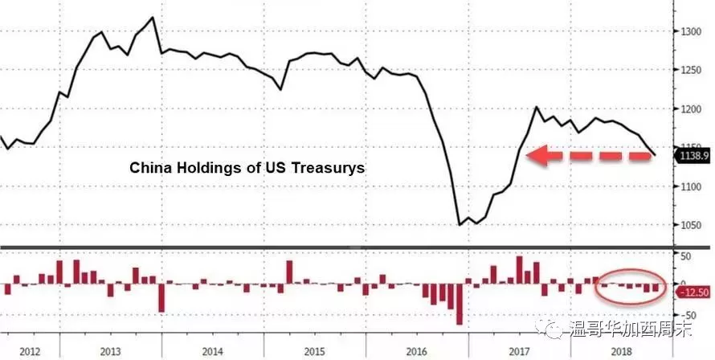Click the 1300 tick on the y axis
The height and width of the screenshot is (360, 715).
(x=691, y=31)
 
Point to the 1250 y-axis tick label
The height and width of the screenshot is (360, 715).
(x=691, y=70)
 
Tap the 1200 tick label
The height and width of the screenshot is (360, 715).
(x=691, y=109)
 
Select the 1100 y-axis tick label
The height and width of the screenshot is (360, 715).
(x=691, y=186)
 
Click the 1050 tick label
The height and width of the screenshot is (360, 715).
(x=691, y=225)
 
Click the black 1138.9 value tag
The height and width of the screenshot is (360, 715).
(x=693, y=156)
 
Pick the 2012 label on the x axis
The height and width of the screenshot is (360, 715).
(x=30, y=352)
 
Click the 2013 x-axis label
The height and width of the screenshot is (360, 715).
(x=110, y=352)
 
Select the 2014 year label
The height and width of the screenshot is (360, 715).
(x=213, y=352)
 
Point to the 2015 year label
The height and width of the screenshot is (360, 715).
(x=315, y=352)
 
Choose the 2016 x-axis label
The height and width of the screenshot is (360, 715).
(x=417, y=352)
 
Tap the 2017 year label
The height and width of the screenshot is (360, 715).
(x=520, y=352)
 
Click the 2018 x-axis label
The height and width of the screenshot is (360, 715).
(x=622, y=352)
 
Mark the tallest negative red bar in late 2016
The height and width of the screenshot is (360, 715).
(x=460, y=305)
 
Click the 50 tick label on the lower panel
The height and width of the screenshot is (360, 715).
(x=687, y=256)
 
